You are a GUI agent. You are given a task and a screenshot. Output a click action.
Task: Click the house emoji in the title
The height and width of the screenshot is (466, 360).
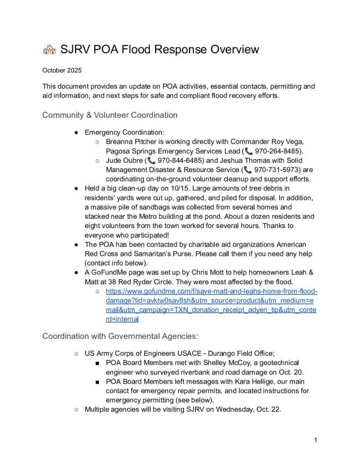coord(49,50)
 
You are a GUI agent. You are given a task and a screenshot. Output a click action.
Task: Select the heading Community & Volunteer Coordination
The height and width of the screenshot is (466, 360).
coord(110,115)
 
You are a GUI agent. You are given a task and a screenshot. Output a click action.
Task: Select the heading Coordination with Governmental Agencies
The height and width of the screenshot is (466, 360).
coord(120,336)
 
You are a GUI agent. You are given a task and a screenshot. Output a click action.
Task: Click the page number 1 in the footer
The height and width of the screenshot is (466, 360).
coord(315,440)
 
